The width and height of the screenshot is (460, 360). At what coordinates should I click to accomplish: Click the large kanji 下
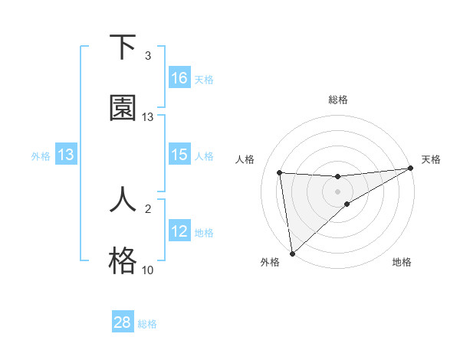[123, 47]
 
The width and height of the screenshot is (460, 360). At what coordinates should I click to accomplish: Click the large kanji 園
[123, 109]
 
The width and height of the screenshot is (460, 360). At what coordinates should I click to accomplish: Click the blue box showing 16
[179, 78]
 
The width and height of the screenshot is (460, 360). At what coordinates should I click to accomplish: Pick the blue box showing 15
[179, 155]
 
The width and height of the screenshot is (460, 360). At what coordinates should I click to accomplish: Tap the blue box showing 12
[179, 231]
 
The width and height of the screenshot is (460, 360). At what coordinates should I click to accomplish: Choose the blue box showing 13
[66, 155]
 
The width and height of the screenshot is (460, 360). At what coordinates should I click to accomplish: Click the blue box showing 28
[123, 322]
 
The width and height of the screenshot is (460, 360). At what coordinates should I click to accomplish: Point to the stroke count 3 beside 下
[148, 56]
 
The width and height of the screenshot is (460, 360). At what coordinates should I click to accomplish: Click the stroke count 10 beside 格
[148, 270]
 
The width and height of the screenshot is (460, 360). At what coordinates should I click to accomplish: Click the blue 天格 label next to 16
[204, 79]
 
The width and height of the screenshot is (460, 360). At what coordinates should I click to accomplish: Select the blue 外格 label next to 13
[41, 155]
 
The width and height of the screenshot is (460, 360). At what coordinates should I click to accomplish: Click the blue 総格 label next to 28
[147, 323]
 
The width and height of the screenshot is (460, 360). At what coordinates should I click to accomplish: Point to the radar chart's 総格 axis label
[338, 100]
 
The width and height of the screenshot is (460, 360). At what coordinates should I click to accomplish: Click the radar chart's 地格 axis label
[402, 262]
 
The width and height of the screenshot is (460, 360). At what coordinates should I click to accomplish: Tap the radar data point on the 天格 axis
[410, 169]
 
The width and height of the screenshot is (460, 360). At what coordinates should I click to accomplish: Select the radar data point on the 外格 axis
[292, 253]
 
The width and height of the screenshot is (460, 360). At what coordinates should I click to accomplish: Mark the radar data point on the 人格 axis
[280, 172]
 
